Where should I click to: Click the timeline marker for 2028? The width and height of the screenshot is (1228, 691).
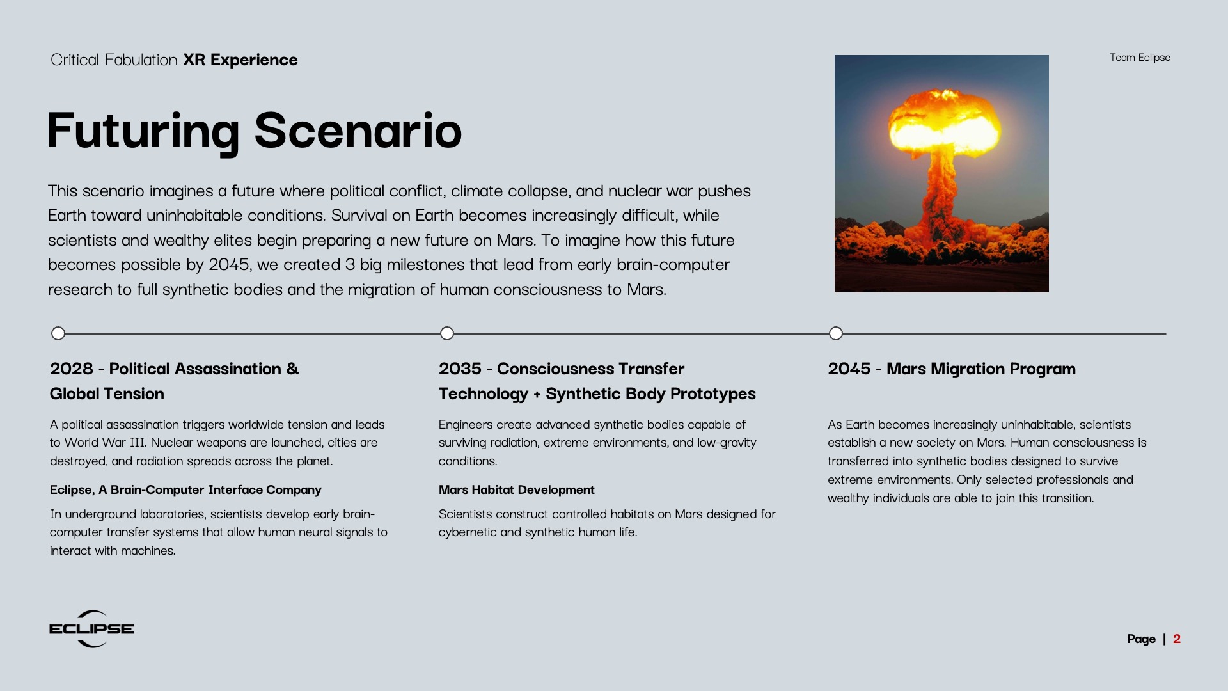point(58,333)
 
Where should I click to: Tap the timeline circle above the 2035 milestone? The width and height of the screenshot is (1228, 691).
point(447,333)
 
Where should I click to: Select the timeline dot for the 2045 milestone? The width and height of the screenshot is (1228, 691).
point(836,333)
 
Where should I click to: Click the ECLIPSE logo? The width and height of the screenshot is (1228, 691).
point(91,629)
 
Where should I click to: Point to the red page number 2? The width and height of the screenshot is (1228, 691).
point(1177,639)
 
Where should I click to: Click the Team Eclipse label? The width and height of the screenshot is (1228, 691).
point(1140,58)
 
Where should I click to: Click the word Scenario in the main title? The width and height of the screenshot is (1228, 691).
point(358,131)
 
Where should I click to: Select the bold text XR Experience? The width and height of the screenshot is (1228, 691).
point(240,60)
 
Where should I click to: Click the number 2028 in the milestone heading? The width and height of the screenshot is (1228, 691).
point(72,369)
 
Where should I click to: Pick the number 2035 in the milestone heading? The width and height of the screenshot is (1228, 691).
point(460,369)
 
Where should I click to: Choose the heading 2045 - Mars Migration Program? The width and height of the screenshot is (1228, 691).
point(952,369)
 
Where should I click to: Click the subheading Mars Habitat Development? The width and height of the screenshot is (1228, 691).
point(517,490)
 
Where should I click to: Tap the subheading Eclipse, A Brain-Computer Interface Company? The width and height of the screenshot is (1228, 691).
point(185,490)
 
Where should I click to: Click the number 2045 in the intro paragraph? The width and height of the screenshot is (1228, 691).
point(229,265)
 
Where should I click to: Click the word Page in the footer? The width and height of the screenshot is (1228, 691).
point(1141,639)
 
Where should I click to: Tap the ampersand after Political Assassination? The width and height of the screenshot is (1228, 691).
point(292,369)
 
